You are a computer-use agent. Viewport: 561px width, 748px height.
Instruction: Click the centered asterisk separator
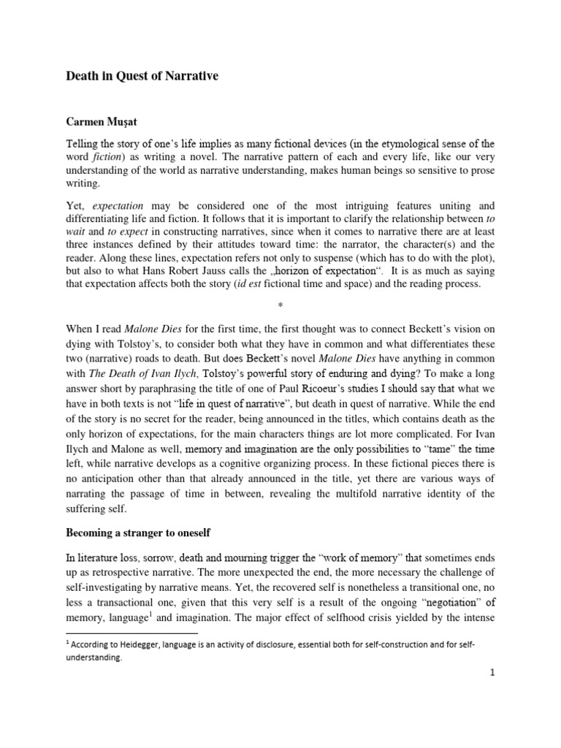[x=280, y=311]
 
